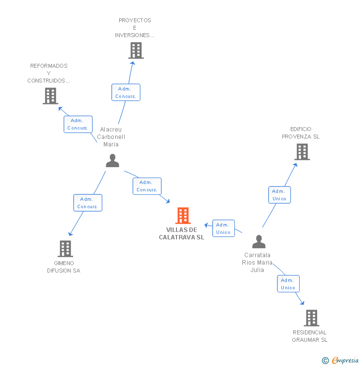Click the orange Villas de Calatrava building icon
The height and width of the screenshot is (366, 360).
click(x=183, y=216)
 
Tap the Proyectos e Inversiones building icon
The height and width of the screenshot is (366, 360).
click(x=135, y=50)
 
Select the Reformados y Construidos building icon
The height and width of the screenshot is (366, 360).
click(x=50, y=96)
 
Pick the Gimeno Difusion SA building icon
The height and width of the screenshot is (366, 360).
click(x=65, y=249)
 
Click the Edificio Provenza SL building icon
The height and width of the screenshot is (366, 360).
click(x=302, y=152)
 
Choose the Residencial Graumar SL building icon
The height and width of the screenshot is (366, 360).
click(x=311, y=318)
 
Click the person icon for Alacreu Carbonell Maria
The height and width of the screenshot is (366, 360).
click(x=113, y=161)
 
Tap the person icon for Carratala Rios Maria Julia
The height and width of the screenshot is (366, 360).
click(x=259, y=242)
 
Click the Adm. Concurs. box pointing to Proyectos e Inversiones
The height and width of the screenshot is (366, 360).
click(x=126, y=92)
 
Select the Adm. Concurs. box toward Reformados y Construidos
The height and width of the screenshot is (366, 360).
click(x=78, y=124)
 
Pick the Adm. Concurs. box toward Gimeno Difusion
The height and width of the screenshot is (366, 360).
click(x=88, y=203)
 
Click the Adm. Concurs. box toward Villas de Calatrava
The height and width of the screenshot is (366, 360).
click(x=147, y=186)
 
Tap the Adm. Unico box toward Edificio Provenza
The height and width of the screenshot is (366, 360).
click(x=279, y=195)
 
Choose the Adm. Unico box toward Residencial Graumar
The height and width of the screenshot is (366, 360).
click(x=288, y=284)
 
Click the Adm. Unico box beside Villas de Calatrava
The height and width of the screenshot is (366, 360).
click(x=223, y=229)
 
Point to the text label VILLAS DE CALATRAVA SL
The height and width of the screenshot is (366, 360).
click(x=181, y=233)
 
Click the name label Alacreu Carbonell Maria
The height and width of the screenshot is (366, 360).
click(x=111, y=137)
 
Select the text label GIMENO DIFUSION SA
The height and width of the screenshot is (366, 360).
click(x=63, y=267)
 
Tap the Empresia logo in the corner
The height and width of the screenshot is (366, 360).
click(x=340, y=361)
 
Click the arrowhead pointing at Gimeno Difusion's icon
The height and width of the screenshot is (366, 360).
click(x=70, y=234)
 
